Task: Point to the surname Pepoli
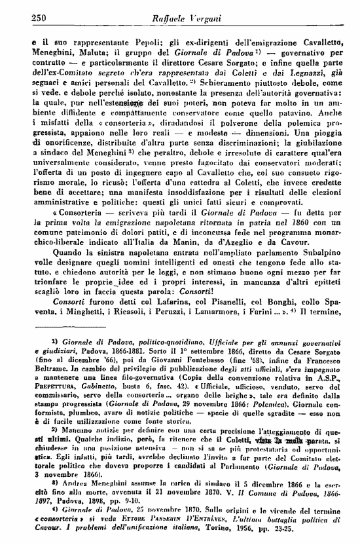click(x=115, y=40)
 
